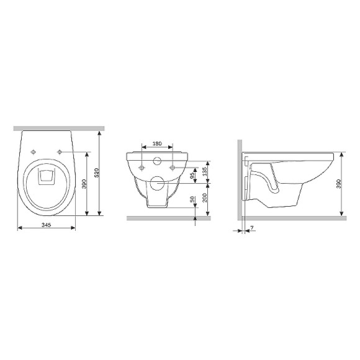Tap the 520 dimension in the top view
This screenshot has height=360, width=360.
tap(96, 173)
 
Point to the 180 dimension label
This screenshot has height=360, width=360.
tap(157, 143)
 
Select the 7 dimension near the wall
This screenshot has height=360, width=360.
tap(253, 229)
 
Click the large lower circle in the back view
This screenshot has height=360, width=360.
tap(158, 184)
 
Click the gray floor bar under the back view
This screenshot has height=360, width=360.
tap(168, 218)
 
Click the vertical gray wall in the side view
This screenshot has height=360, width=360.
tap(240, 180)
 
